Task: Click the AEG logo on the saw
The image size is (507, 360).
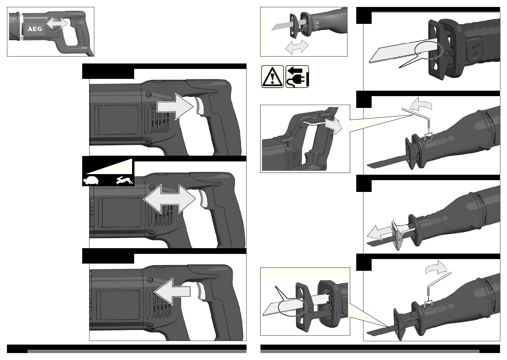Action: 35,29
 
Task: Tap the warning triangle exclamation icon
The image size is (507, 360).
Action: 272,76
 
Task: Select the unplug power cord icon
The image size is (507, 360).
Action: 297,76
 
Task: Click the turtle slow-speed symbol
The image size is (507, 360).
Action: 91,181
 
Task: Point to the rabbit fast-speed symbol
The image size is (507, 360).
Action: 124,180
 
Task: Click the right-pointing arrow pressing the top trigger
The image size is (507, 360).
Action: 175,107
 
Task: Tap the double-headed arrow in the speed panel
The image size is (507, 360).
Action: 169,199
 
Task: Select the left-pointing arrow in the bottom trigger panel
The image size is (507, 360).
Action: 172,291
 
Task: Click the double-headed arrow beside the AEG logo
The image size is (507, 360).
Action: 57,24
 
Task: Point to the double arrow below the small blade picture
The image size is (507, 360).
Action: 296,47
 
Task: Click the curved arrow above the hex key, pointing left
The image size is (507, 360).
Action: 421,104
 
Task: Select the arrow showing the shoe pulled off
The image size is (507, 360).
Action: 379,233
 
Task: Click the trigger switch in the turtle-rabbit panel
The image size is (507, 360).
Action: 203,198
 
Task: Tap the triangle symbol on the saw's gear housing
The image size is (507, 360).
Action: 475,53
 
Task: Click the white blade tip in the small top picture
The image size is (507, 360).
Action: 273,28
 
